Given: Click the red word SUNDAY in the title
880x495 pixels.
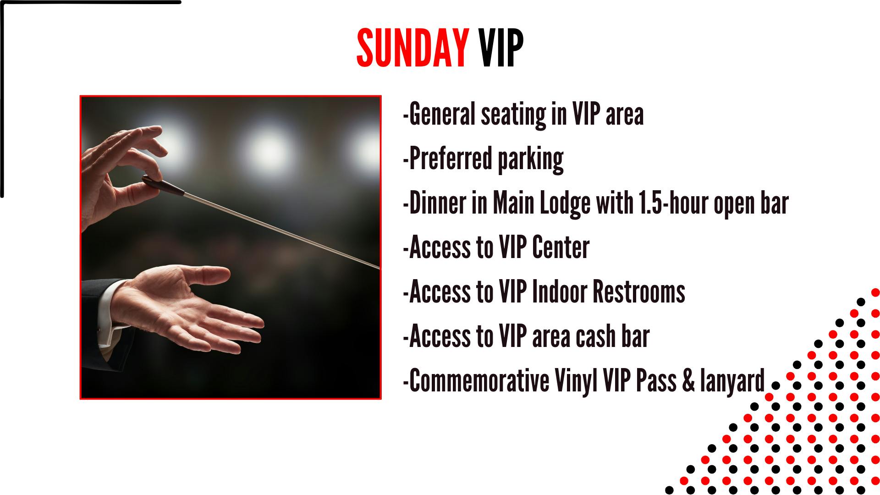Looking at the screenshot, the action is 412,48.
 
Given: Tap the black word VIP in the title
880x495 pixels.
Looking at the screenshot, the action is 501,48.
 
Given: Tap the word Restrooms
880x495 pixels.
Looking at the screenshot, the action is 638,291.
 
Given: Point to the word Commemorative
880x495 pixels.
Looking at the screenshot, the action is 478,380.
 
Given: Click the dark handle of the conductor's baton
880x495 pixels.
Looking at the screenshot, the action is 163,186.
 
